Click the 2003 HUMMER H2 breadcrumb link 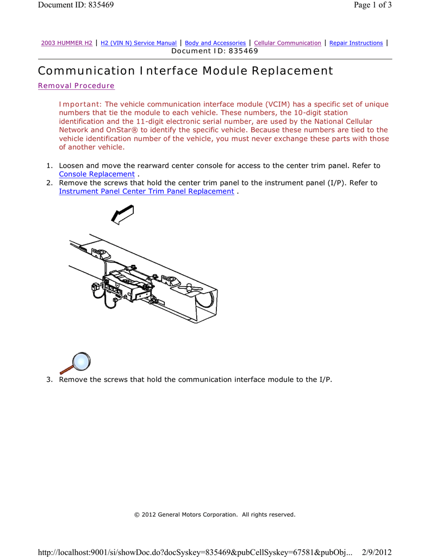[x=67, y=43]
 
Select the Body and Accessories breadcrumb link [x=215, y=43]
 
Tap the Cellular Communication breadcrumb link [x=288, y=43]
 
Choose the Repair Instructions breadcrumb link [x=356, y=43]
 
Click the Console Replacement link [x=96, y=174]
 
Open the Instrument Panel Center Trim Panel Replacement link [x=146, y=191]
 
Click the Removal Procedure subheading [x=76, y=86]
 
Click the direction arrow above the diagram [x=122, y=214]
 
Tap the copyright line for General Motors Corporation [x=215, y=515]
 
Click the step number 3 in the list [x=48, y=380]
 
